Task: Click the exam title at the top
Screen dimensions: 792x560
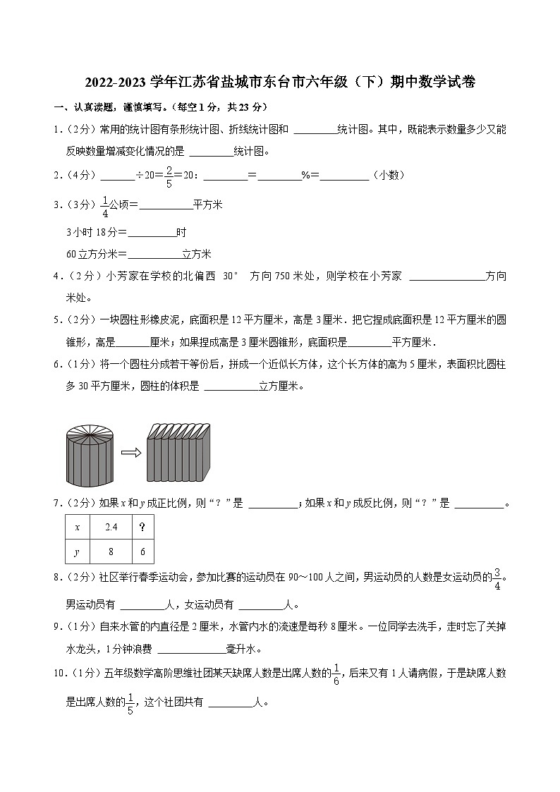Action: tap(280, 83)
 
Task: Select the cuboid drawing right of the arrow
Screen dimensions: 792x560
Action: tap(179, 452)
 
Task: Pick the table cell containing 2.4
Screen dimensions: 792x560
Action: tap(110, 527)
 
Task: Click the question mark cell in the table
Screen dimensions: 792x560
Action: tap(142, 527)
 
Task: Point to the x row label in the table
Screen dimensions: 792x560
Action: tap(78, 527)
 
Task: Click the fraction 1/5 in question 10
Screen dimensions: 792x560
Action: tap(130, 702)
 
